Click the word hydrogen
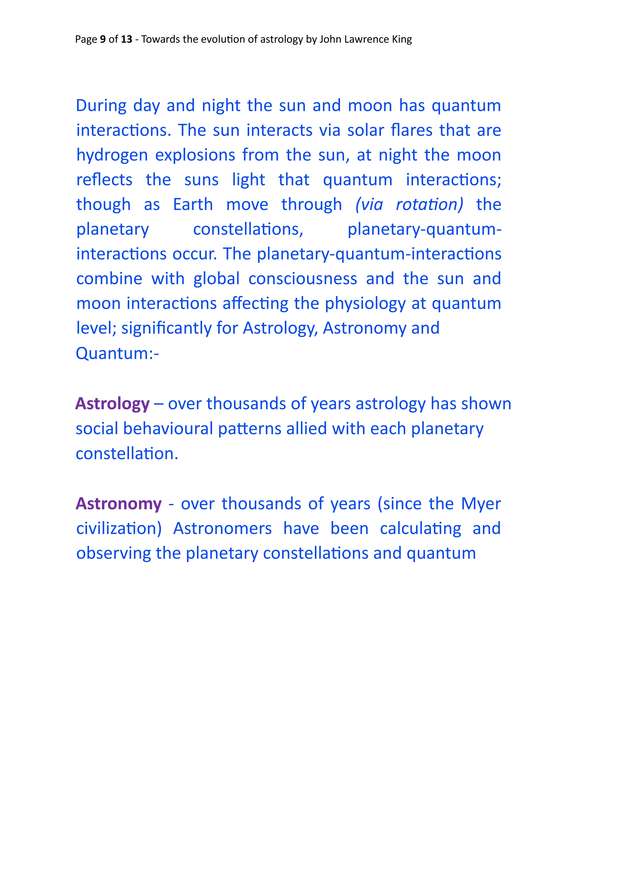click(x=112, y=155)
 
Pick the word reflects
click(x=104, y=180)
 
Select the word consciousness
click(x=302, y=279)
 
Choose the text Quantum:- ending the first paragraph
click(x=117, y=353)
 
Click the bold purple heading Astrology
click(x=112, y=404)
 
